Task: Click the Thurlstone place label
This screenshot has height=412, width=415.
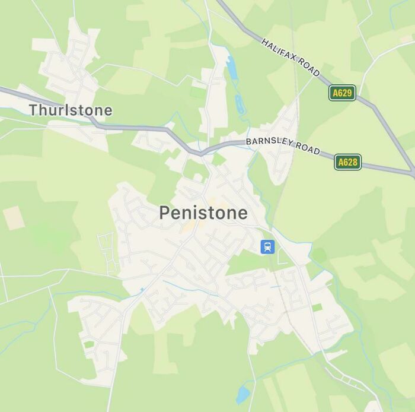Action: (x=71, y=110)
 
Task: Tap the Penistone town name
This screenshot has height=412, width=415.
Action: (x=203, y=213)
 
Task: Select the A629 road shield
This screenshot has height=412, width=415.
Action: (x=342, y=93)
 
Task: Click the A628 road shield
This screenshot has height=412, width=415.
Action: (x=347, y=161)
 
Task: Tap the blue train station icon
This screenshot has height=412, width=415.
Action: (x=267, y=246)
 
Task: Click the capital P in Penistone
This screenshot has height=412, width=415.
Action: (x=164, y=213)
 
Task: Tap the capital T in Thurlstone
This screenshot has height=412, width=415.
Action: (x=33, y=110)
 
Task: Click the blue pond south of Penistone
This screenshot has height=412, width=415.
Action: (x=242, y=394)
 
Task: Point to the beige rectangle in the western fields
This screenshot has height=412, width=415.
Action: (x=13, y=218)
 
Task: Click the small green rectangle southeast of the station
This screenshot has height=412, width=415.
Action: (x=317, y=307)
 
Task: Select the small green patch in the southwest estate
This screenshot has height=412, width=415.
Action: (x=89, y=344)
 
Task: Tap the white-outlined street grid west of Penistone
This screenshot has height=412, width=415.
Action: (x=108, y=252)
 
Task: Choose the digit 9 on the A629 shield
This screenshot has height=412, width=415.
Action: (x=350, y=93)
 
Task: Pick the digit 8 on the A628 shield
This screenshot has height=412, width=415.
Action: (x=355, y=161)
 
